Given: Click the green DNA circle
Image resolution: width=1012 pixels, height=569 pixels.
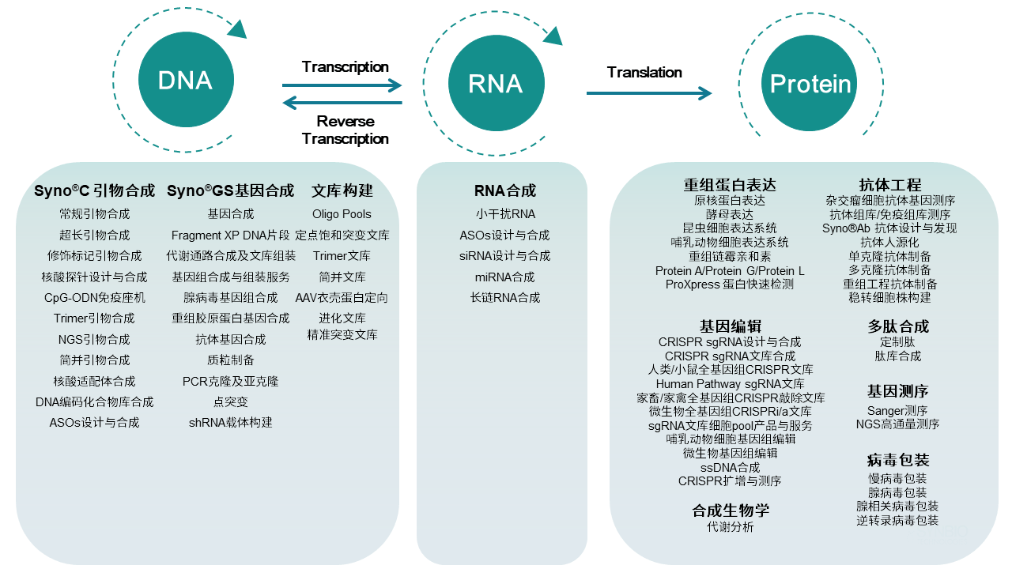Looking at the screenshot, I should (x=185, y=81).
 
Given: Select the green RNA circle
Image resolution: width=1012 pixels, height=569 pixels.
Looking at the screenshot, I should (x=496, y=84).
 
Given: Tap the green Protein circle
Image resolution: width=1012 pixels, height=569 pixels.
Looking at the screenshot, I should (x=810, y=84).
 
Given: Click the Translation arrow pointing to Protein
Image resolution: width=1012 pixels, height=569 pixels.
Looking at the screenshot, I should (x=648, y=93).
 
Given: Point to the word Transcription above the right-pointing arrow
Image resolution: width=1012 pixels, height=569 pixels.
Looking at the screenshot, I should (x=346, y=67).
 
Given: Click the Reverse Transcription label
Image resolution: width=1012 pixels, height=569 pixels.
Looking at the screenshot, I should (x=346, y=130).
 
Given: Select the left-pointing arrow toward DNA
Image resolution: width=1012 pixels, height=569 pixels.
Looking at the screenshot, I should (x=342, y=103).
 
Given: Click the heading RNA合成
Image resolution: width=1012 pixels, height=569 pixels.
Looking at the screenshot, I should (x=505, y=190).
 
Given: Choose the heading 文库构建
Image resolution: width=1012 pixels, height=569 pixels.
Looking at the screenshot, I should (x=342, y=190).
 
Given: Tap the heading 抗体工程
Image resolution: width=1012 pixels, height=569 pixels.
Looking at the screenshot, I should (x=890, y=186).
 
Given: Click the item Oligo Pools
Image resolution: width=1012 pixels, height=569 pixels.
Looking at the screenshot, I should (x=342, y=214).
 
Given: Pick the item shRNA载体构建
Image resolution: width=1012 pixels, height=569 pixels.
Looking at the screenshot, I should (x=230, y=422).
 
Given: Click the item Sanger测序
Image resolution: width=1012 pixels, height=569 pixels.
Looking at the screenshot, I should (x=897, y=410).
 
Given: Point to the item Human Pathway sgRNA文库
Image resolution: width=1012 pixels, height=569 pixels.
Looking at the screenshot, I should (x=730, y=384).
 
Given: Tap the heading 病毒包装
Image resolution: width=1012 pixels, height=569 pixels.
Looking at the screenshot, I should (x=897, y=460).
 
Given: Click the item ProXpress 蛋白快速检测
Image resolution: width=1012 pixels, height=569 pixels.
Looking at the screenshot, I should (x=730, y=284).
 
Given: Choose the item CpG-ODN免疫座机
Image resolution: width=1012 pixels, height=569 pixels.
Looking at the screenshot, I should (x=95, y=298).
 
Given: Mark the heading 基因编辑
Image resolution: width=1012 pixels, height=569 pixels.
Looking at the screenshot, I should (x=730, y=326).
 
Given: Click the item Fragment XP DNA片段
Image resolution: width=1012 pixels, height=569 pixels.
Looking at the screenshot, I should (x=230, y=236).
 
